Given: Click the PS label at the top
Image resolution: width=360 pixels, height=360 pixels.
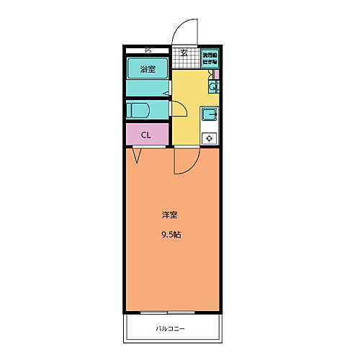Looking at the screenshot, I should coord(148,50).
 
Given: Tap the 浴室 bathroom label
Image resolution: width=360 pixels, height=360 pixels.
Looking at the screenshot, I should coord(148,70).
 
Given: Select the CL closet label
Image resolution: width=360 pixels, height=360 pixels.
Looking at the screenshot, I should coord(146,135).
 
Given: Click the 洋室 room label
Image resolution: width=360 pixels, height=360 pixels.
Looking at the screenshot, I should coord(170,215).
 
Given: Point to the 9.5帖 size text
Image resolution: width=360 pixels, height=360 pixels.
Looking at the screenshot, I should coord(170,235).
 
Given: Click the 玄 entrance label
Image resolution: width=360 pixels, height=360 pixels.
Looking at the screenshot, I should coord(184,52).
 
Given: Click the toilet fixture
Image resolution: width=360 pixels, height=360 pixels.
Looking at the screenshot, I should coord(139,112).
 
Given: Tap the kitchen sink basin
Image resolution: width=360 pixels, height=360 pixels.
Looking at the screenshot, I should coord(210,114).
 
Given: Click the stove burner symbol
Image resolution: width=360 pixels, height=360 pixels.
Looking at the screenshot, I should coord(210,138).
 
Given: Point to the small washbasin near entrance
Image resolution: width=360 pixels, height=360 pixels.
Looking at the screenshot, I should coord(213,88).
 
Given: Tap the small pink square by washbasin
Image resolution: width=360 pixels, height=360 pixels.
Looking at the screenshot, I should coord(215,73).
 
